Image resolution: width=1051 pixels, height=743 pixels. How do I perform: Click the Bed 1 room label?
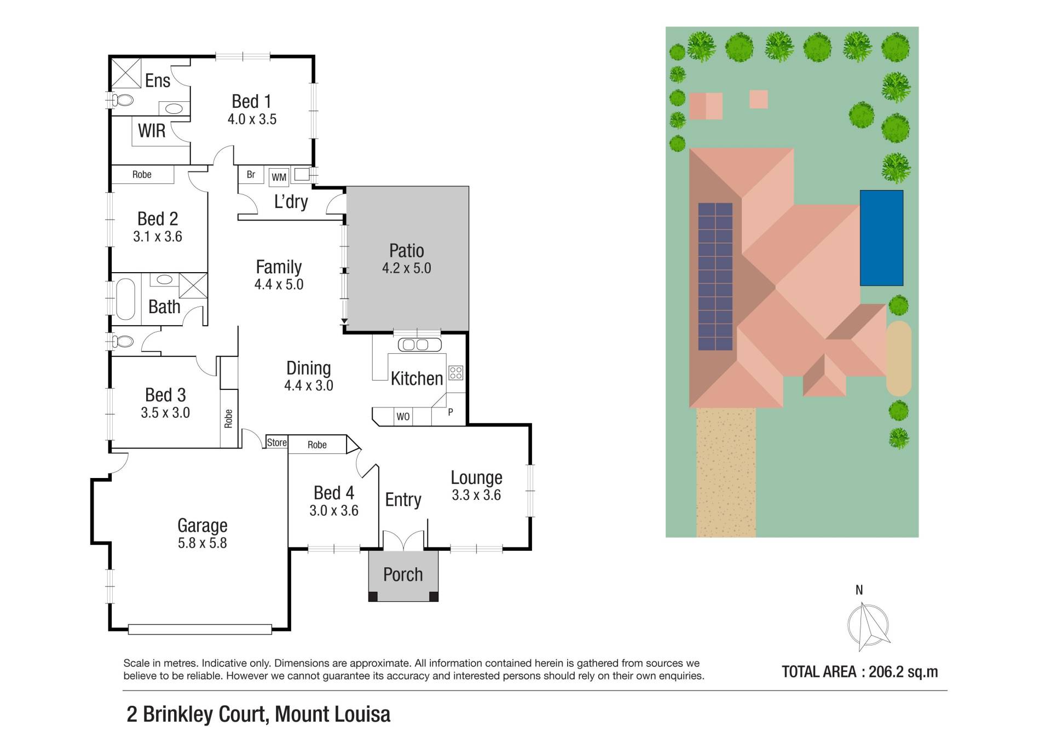(251, 101)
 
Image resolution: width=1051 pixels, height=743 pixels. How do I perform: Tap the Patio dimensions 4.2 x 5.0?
(406, 268)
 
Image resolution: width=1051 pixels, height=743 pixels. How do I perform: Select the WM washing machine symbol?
(279, 177)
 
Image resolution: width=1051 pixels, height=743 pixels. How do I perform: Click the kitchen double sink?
(420, 344)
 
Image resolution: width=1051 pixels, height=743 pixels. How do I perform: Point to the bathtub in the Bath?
(125, 299)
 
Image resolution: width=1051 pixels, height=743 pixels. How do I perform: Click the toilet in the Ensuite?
(123, 100)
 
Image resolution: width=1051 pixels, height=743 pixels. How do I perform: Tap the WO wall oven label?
(403, 417)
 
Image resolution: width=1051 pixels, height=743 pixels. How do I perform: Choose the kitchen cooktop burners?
(455, 373)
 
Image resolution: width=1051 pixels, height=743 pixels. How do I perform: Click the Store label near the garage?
(276, 442)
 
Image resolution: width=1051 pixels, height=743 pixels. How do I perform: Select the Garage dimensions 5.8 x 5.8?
(202, 543)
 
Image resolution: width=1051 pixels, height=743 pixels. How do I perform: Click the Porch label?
(403, 574)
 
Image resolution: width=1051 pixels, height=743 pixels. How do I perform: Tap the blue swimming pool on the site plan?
(881, 238)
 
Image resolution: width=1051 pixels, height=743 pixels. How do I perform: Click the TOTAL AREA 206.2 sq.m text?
(859, 672)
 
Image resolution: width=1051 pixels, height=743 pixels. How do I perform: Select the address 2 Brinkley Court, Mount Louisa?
(258, 714)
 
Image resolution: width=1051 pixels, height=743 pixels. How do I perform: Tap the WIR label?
(152, 131)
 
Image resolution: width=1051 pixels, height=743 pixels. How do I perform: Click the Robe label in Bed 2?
(142, 175)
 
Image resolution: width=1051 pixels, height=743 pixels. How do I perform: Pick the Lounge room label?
(476, 477)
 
